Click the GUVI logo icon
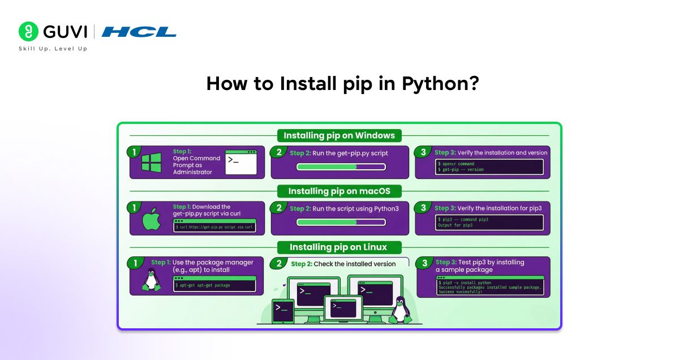[28, 32]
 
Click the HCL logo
[139, 32]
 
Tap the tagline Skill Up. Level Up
[53, 49]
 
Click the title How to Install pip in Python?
[342, 84]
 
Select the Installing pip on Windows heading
[339, 136]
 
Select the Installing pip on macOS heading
[339, 191]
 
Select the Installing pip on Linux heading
[338, 247]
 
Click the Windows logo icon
[151, 162]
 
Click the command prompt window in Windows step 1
[241, 162]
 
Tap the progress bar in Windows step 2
[341, 167]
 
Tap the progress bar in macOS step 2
[341, 222]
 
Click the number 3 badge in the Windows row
[423, 152]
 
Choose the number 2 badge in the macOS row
[279, 208]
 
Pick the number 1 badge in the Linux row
[135, 263]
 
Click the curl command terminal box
[214, 226]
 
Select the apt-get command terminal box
[214, 284]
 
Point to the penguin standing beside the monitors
[401, 310]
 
